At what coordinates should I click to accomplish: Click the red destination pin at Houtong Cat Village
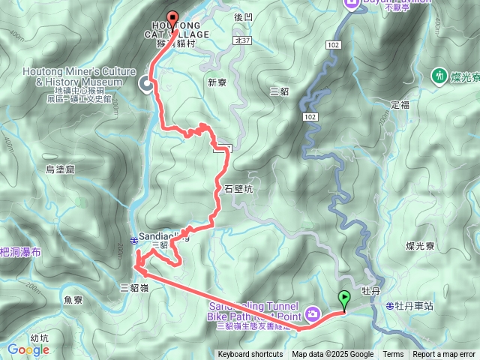tap(172, 20)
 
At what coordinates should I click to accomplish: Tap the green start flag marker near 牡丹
tap(343, 298)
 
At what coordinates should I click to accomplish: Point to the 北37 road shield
tap(241, 40)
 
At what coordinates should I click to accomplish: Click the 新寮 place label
tap(216, 82)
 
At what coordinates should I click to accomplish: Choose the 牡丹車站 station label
tap(415, 306)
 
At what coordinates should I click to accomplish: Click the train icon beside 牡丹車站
tap(390, 306)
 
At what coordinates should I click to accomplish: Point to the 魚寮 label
tap(73, 300)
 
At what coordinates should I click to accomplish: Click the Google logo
tap(28, 349)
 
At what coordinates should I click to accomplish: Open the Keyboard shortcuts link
tap(250, 355)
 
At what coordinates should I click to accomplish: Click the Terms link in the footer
tap(393, 355)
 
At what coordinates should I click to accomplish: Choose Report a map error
tap(444, 355)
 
